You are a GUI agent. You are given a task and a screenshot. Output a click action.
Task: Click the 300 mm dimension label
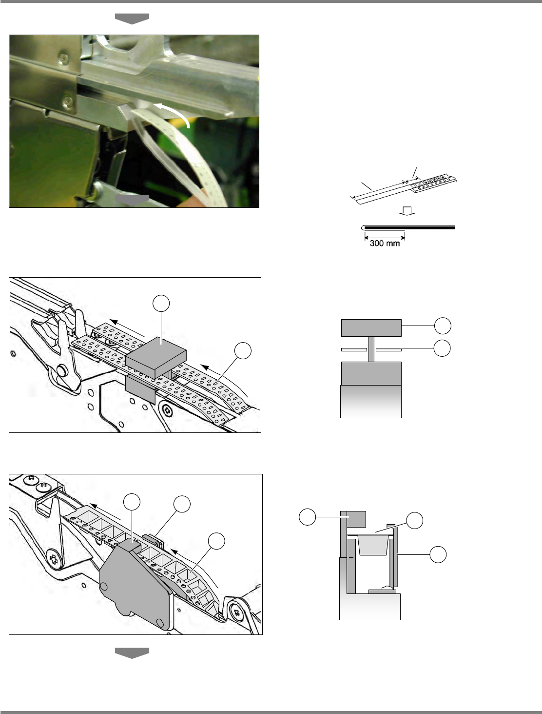click(385, 243)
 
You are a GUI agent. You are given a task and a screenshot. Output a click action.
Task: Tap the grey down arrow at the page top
click(132, 19)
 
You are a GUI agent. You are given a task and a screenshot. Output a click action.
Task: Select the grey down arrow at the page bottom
click(132, 653)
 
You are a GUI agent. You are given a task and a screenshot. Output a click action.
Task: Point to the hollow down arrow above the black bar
click(407, 211)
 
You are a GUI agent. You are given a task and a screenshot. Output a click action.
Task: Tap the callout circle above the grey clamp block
click(161, 304)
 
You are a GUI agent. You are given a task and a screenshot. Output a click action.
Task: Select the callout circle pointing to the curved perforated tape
click(243, 351)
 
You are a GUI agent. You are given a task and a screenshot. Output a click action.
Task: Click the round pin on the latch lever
click(62, 370)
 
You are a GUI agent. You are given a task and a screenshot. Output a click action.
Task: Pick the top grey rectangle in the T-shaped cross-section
click(371, 328)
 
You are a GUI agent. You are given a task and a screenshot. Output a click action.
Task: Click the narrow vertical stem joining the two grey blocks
click(371, 349)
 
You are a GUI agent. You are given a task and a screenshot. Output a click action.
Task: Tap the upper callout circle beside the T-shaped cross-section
click(443, 326)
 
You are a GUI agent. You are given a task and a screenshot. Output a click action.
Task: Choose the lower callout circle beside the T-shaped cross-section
click(442, 348)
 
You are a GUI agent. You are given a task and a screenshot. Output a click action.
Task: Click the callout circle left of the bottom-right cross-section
click(307, 517)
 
